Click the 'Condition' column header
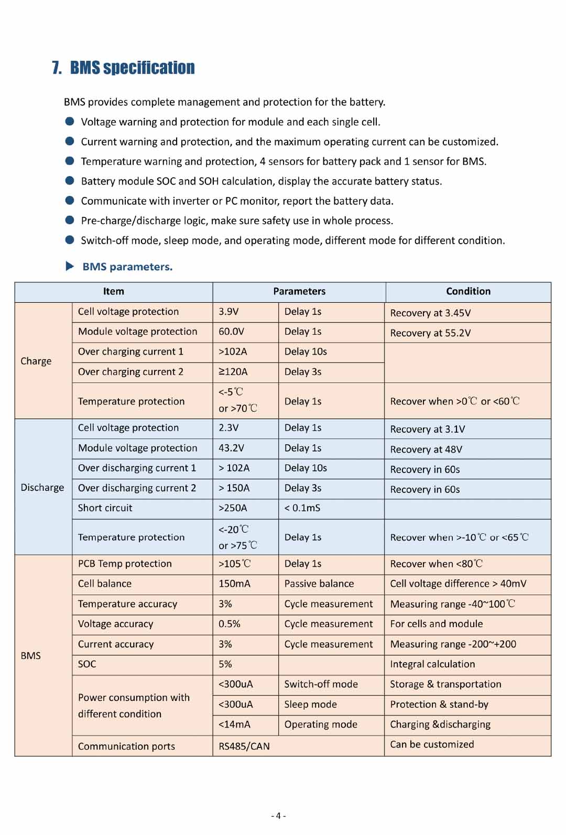click(x=468, y=291)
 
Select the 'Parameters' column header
click(x=299, y=291)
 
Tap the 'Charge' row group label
click(x=36, y=361)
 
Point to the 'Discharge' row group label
click(x=42, y=487)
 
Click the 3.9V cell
click(x=228, y=312)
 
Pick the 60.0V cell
click(x=231, y=332)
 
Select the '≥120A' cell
click(x=233, y=372)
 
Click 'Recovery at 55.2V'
click(x=430, y=333)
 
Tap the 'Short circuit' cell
click(x=105, y=508)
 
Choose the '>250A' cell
click(x=233, y=508)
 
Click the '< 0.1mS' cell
click(x=302, y=508)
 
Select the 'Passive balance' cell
click(x=319, y=584)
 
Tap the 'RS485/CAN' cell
click(x=244, y=746)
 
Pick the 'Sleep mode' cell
click(x=310, y=705)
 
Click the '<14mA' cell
click(x=234, y=724)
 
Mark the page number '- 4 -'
click(x=278, y=816)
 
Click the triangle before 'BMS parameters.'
click(x=70, y=266)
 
